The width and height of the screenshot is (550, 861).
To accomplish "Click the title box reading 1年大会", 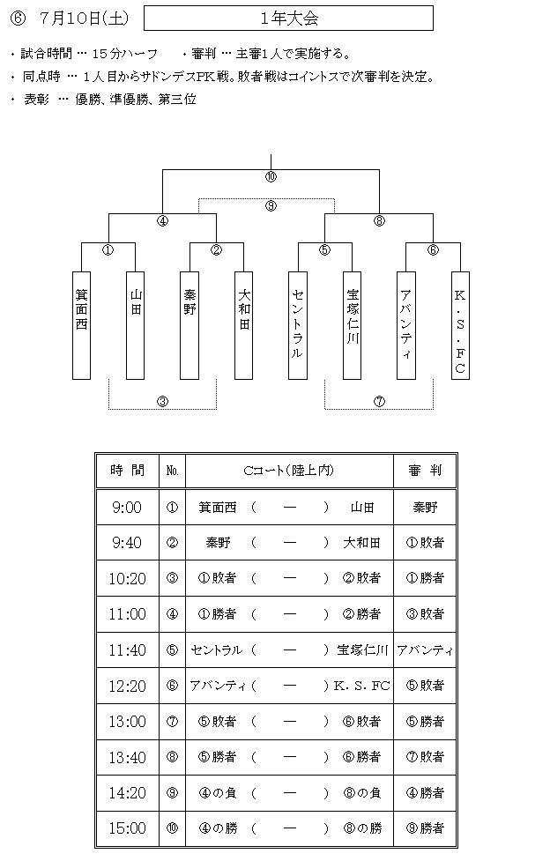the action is coord(288,19).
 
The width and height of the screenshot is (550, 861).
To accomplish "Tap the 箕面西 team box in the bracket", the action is coord(81,325).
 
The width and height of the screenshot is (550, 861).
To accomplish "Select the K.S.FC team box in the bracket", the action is coord(460,325).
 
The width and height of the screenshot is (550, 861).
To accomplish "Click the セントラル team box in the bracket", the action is coord(298,325).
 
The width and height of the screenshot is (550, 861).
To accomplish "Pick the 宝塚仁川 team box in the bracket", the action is coord(353,325).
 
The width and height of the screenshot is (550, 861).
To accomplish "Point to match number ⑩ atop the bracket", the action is coord(271,177).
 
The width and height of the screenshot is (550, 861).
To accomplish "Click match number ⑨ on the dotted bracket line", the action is coord(271,206).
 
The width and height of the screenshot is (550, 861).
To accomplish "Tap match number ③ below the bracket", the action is coord(163,401).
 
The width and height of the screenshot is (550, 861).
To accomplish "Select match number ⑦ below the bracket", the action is coord(379,401).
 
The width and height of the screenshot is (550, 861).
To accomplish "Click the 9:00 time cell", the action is coord(128,507).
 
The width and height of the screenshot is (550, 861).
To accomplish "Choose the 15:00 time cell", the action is coord(128,828).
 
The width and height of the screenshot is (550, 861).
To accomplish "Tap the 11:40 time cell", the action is coord(128,650).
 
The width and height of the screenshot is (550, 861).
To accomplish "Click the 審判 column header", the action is coord(425,471).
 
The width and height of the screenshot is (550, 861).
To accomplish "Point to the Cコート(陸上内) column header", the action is coord(290,471).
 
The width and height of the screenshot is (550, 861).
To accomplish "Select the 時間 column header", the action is coord(128,471).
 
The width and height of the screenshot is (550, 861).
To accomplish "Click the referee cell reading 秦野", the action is coord(425,507).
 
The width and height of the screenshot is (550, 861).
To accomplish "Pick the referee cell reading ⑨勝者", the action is coord(425,828).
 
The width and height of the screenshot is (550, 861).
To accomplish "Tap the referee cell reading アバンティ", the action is coord(425,650).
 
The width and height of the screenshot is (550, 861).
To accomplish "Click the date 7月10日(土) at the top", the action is coord(84,19).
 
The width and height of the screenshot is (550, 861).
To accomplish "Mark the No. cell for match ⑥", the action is coord(172,686).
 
